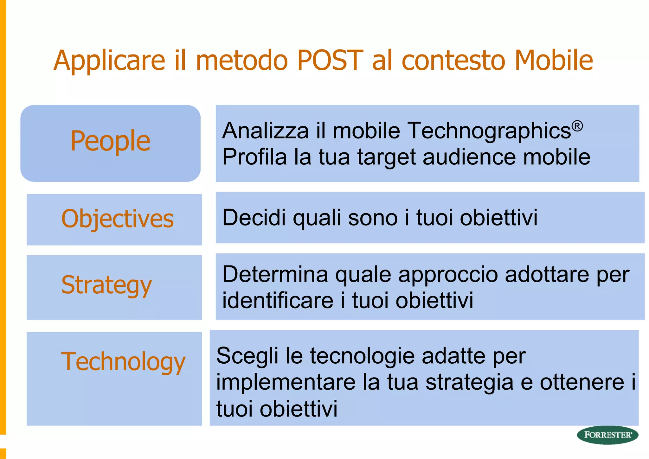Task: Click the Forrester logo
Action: pos(607,435)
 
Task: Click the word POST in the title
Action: pos(330,60)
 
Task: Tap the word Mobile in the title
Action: pos(553,60)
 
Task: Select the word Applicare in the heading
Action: pos(109,61)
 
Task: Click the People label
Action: pos(110,141)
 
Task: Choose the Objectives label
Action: pos(117,219)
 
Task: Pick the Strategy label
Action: pos(106,285)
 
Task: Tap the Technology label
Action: pos(123,362)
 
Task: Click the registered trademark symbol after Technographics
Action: pos(577,126)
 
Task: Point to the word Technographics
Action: pos(488,131)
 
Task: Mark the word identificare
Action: pos(278,300)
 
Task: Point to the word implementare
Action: pos(286,382)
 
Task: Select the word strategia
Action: pos(469,383)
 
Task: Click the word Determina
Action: pos(275,274)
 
